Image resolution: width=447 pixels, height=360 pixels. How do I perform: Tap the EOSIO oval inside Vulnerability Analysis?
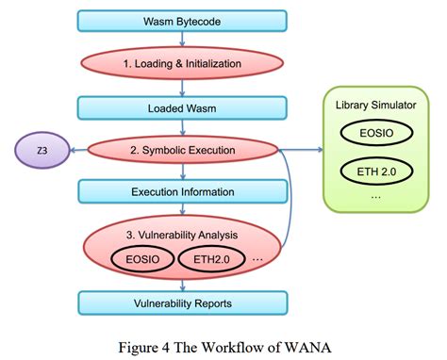[x=141, y=258]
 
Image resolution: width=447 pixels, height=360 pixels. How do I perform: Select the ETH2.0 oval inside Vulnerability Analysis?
[x=213, y=258]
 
